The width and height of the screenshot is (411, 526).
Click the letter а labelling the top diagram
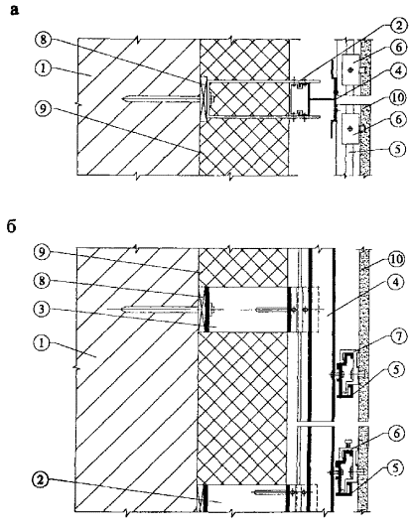coord(15,10)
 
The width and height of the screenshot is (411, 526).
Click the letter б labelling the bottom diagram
coord(12,227)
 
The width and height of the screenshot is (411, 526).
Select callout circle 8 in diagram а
coord(44,41)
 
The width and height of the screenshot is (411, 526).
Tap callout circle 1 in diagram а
coord(44,68)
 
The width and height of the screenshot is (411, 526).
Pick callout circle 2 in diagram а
coord(398,25)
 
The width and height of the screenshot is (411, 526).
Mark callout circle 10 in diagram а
coord(398,98)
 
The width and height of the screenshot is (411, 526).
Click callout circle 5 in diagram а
coord(398,149)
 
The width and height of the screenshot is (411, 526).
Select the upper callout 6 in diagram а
coord(398,48)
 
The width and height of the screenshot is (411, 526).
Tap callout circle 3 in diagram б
coord(43,309)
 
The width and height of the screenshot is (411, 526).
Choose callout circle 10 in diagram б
coord(395,259)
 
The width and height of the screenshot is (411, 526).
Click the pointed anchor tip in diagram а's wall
coord(123,98)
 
